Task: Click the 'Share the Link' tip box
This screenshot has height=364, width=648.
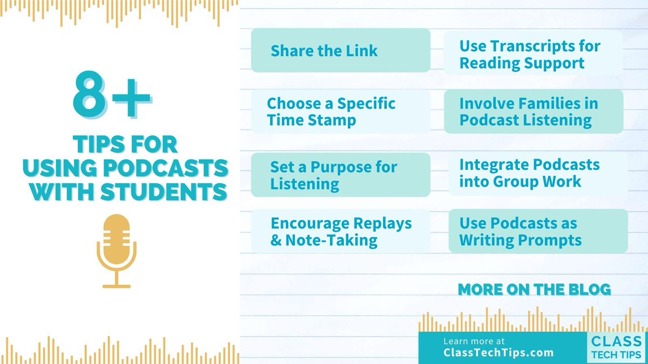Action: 340,51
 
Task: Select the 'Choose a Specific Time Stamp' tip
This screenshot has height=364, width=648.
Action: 340,111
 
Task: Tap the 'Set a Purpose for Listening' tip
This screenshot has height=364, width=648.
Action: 340,175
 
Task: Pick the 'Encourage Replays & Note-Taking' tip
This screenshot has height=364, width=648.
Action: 340,231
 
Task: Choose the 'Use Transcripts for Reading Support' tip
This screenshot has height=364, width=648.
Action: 532,54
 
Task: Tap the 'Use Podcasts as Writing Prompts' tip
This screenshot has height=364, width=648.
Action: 538,231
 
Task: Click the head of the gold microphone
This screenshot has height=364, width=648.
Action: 117,235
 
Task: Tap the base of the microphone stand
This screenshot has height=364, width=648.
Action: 117,285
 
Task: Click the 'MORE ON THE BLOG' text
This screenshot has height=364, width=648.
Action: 534,290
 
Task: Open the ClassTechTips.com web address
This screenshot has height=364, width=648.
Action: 498,353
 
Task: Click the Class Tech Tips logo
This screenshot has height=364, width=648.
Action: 616,347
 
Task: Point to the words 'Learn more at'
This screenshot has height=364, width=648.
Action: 474,341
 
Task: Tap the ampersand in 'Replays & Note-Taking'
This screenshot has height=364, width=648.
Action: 276,240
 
